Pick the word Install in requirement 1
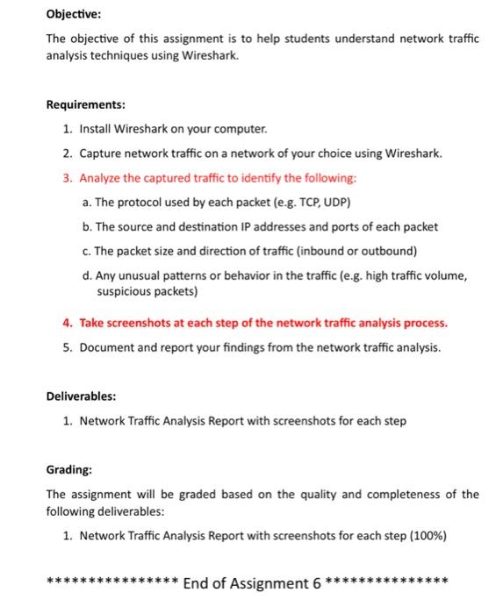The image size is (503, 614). pyautogui.click(x=97, y=129)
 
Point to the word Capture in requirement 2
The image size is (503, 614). pyautogui.click(x=102, y=153)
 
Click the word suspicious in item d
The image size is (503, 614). pyautogui.click(x=125, y=290)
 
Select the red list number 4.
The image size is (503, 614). pyautogui.click(x=67, y=323)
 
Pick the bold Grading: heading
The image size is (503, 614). pyautogui.click(x=69, y=469)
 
